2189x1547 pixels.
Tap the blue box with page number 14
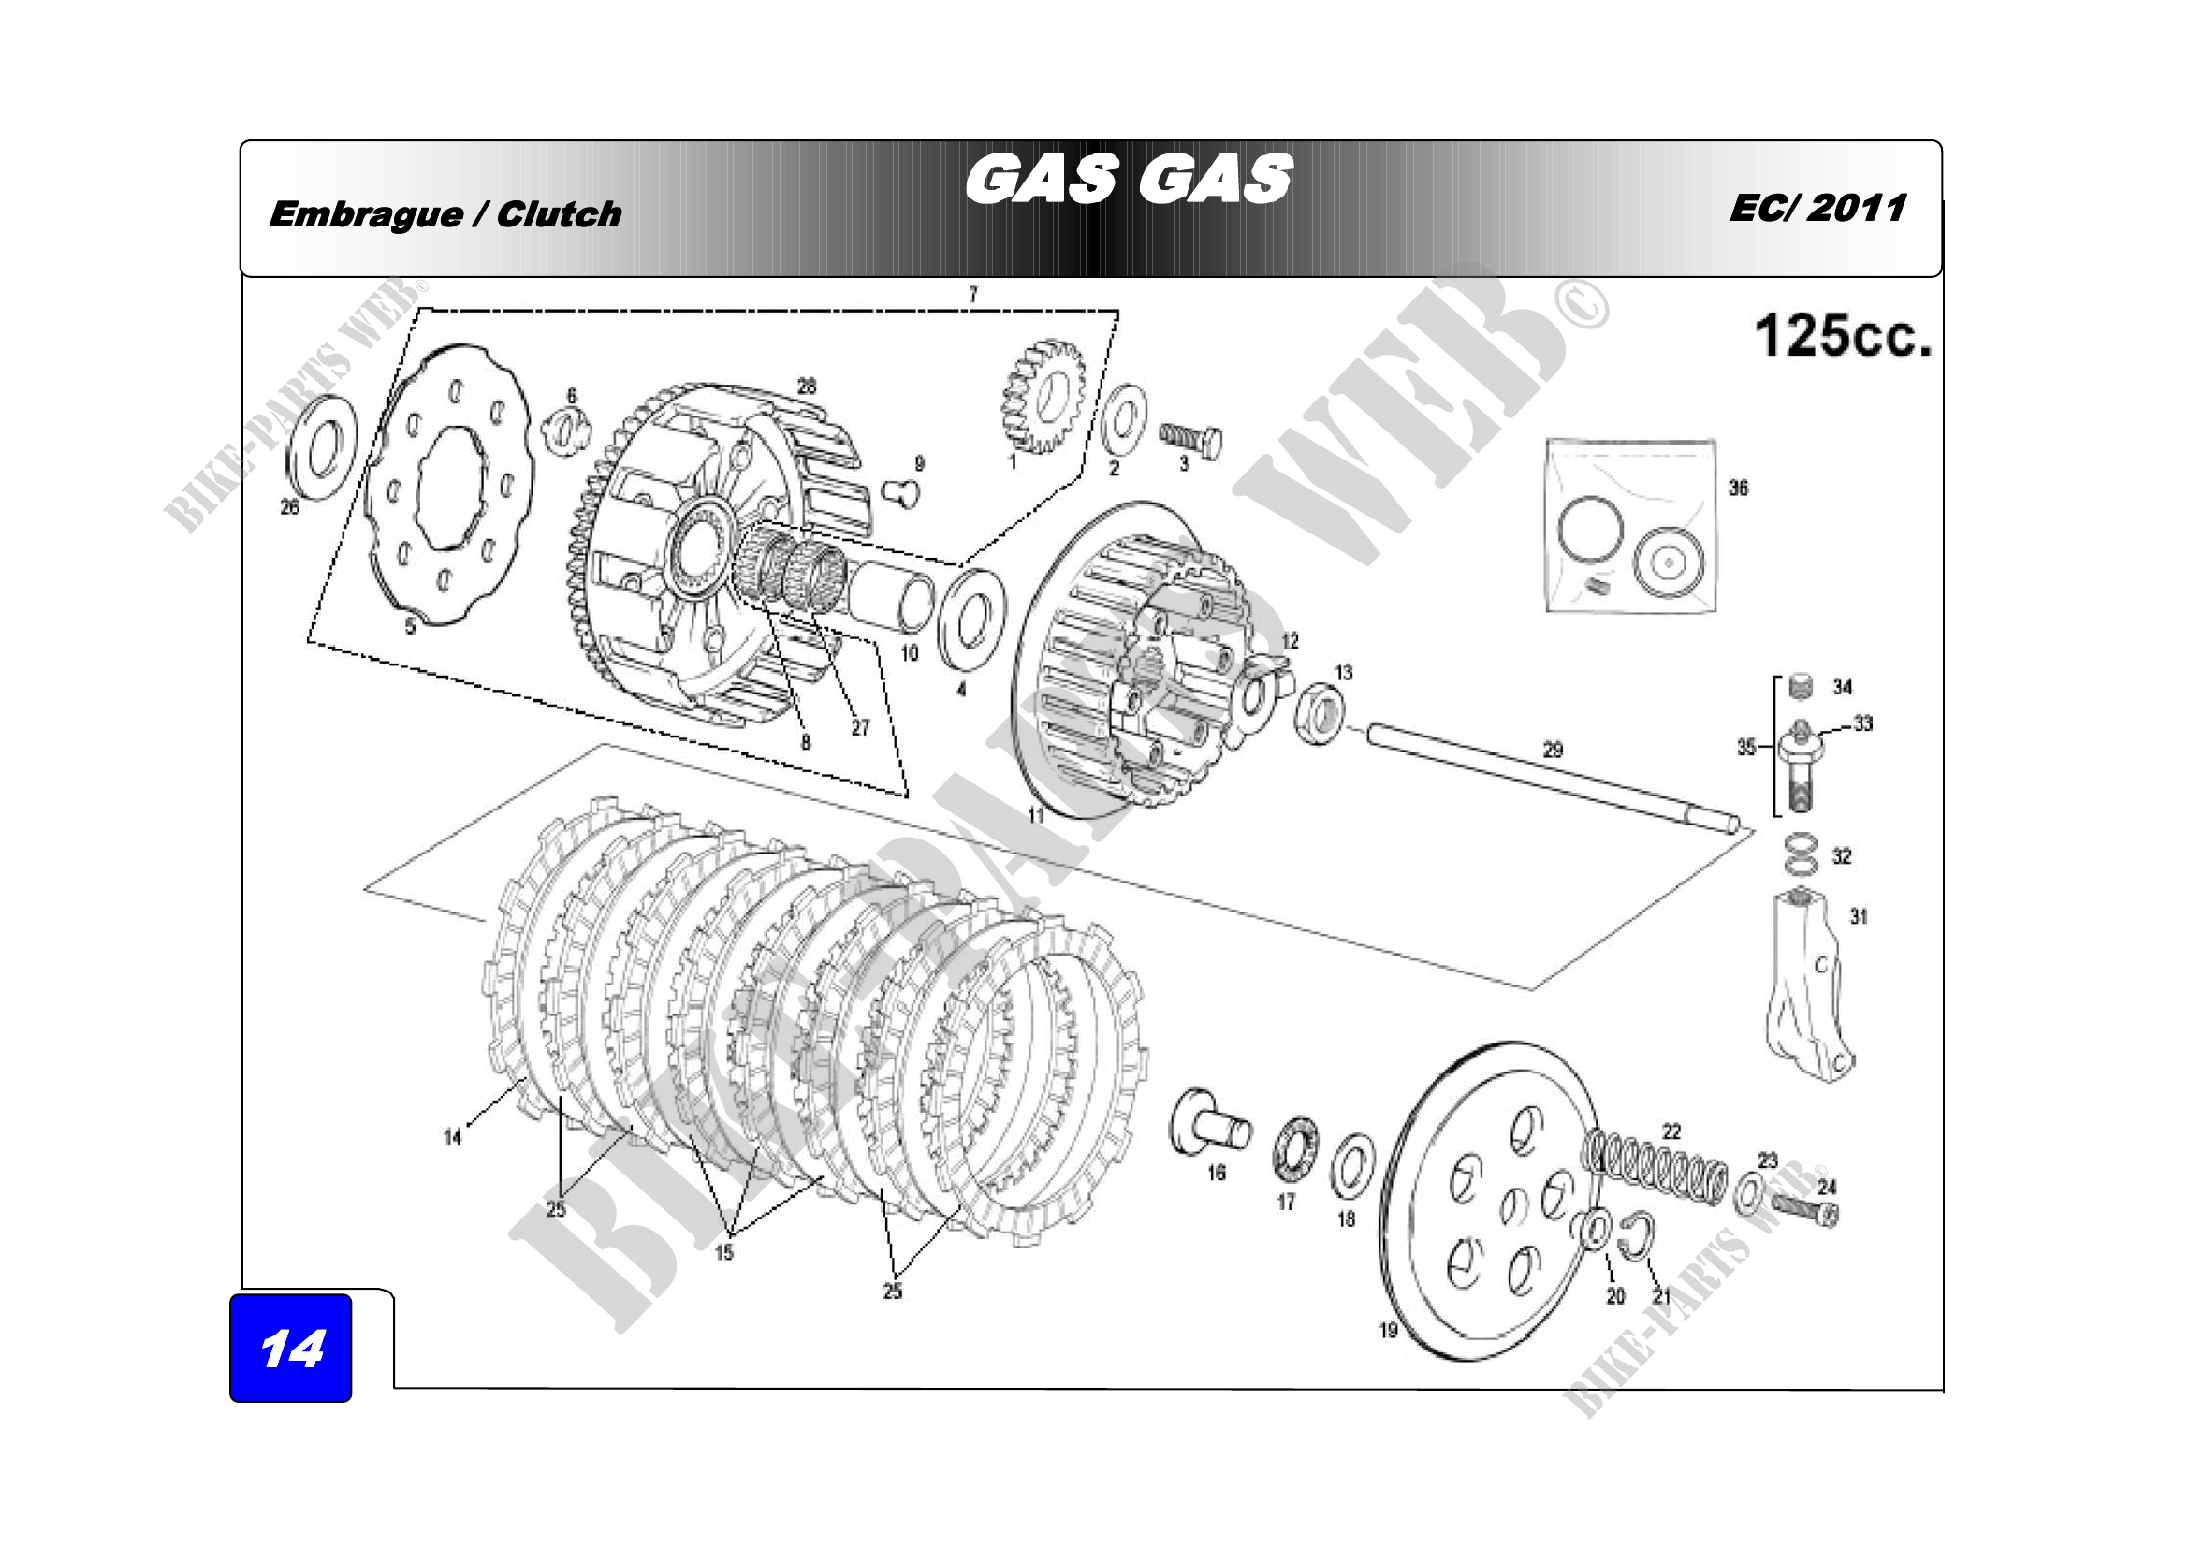click(x=291, y=1348)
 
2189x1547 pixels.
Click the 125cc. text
click(x=1842, y=337)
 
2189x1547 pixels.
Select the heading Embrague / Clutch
click(x=445, y=214)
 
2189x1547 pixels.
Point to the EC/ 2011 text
click(x=1817, y=208)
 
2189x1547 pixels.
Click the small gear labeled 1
click(x=1043, y=395)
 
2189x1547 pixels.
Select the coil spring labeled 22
click(x=1654, y=1168)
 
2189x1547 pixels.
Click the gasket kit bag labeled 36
click(x=1629, y=527)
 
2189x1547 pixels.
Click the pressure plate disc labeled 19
click(x=1487, y=1201)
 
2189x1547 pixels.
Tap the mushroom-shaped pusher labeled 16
click(x=1210, y=1124)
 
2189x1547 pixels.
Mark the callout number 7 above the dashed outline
click(x=972, y=294)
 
